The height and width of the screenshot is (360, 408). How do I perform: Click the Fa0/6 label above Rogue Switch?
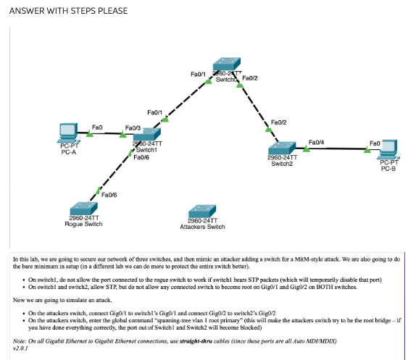(x=109, y=195)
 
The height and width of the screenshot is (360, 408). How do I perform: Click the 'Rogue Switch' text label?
(x=84, y=224)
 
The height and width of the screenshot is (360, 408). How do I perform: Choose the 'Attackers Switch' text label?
(x=202, y=227)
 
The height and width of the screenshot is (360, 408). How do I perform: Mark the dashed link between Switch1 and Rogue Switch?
(x=110, y=176)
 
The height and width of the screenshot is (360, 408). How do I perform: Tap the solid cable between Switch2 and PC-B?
(x=337, y=148)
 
